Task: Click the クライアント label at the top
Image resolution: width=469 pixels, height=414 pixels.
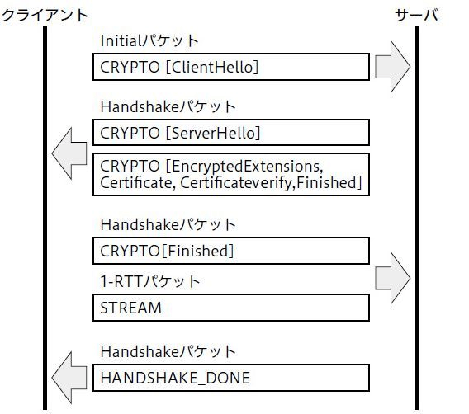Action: point(45,15)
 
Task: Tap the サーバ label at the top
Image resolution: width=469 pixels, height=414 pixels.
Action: point(417,15)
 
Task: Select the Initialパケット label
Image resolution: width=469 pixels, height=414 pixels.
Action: point(149,40)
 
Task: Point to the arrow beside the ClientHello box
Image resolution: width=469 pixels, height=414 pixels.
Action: point(393,67)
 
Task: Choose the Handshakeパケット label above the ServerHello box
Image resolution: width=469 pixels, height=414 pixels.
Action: point(168,106)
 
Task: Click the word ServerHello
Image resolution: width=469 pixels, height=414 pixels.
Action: point(214,133)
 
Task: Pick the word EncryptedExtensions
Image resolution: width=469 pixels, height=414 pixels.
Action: point(248,166)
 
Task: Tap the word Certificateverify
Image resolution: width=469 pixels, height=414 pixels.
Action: point(235,182)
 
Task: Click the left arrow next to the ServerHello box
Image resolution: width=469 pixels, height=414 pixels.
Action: point(69,153)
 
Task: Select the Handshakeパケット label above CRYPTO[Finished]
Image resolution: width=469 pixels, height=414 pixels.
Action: point(168,224)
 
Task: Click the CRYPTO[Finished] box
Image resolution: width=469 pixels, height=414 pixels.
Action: point(231,251)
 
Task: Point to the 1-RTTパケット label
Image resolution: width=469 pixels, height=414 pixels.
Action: point(150,281)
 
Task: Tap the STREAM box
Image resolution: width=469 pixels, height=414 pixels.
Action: point(231,308)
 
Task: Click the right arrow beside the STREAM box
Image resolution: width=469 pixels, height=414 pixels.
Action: point(393,278)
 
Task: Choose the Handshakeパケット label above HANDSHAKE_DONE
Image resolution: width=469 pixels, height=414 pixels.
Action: point(168,351)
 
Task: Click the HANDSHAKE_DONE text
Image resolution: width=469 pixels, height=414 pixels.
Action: point(175,378)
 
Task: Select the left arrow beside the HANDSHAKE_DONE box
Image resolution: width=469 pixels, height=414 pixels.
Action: point(69,378)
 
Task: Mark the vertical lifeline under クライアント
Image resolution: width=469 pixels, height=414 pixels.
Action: point(45,218)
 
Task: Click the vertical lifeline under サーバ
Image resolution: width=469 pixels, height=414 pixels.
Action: point(416,218)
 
